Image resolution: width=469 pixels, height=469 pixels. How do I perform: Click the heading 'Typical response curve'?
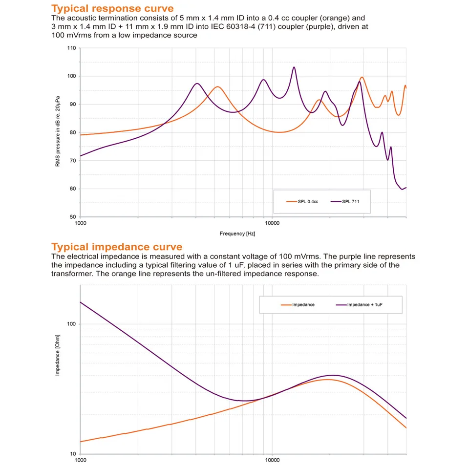click(x=112, y=8)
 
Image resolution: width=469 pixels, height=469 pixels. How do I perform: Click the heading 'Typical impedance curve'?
click(x=117, y=247)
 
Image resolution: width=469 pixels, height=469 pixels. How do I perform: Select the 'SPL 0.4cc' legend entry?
click(x=302, y=202)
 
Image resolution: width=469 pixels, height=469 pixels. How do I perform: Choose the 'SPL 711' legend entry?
click(x=345, y=202)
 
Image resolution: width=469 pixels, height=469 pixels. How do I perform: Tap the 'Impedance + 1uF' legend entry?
click(x=359, y=305)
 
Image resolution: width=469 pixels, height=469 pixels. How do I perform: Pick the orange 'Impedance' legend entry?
click(x=298, y=305)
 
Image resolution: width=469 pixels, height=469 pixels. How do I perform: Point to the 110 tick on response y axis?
click(x=72, y=48)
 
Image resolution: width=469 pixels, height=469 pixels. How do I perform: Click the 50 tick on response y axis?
click(x=73, y=217)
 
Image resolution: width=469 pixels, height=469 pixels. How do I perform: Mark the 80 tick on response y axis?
click(x=73, y=132)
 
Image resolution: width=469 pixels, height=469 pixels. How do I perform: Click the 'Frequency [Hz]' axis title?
click(x=237, y=234)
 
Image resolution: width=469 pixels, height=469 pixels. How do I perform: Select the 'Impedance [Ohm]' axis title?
click(x=58, y=355)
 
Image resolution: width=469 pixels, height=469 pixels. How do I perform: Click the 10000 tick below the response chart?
click(x=272, y=223)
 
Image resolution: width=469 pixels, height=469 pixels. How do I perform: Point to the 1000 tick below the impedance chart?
click(x=80, y=460)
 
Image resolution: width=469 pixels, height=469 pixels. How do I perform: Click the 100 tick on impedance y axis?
click(x=71, y=324)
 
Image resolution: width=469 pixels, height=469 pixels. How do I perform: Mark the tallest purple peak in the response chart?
click(x=294, y=67)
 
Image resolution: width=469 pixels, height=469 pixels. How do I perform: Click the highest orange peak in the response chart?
click(x=362, y=77)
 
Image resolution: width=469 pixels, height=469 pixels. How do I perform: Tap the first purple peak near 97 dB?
click(x=197, y=84)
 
